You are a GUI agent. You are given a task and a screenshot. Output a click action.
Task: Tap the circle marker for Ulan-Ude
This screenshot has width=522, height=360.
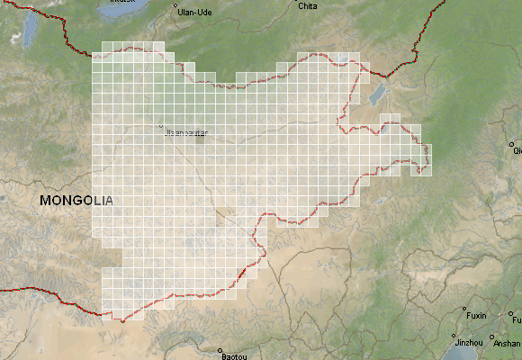[175, 6]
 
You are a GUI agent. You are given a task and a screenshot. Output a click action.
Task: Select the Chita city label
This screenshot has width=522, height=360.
[307, 6]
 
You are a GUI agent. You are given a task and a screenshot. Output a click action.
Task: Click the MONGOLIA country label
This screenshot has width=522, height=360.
[76, 201]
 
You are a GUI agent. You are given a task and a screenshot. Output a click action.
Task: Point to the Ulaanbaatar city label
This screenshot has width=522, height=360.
[186, 132]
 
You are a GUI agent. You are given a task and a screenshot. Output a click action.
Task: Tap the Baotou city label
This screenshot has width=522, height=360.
[233, 356]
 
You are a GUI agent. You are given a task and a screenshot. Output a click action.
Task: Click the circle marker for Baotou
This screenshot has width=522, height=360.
[219, 349]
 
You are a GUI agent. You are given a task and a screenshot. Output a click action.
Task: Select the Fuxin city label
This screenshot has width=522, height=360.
[476, 315]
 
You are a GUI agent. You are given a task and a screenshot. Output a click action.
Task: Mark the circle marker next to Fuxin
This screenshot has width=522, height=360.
[464, 309]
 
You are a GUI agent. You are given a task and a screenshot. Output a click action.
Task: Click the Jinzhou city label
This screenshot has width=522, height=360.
[469, 343]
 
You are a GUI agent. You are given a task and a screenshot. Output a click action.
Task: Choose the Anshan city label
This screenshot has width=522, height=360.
[507, 343]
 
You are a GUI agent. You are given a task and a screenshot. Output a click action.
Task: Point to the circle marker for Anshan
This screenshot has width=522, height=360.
[494, 340]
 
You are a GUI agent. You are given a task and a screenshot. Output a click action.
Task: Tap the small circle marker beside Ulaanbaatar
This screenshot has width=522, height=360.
[162, 126]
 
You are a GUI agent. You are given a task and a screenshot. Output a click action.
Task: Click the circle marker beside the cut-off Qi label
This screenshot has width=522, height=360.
[510, 144]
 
